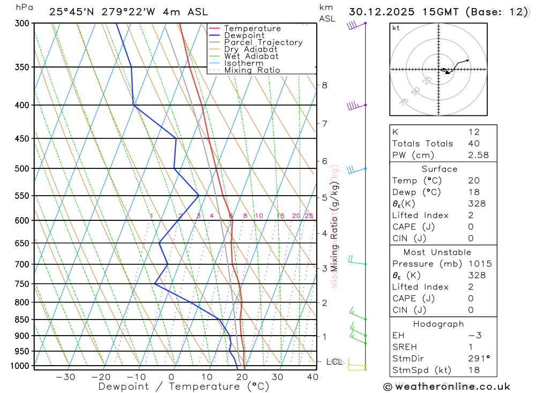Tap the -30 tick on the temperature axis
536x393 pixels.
(x=65, y=377)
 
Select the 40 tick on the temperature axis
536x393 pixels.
(x=311, y=377)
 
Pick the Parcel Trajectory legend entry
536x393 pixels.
(x=263, y=42)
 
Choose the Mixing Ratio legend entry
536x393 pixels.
(x=252, y=70)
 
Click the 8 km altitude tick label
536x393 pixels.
(x=324, y=85)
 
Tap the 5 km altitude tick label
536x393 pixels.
(x=324, y=197)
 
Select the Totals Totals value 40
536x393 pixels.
(x=474, y=143)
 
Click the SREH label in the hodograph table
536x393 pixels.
(x=405, y=347)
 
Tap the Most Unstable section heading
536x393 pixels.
(x=438, y=252)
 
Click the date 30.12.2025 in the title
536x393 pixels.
(x=382, y=12)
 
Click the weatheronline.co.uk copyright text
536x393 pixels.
(x=446, y=387)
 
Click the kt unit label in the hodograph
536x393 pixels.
(x=396, y=28)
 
